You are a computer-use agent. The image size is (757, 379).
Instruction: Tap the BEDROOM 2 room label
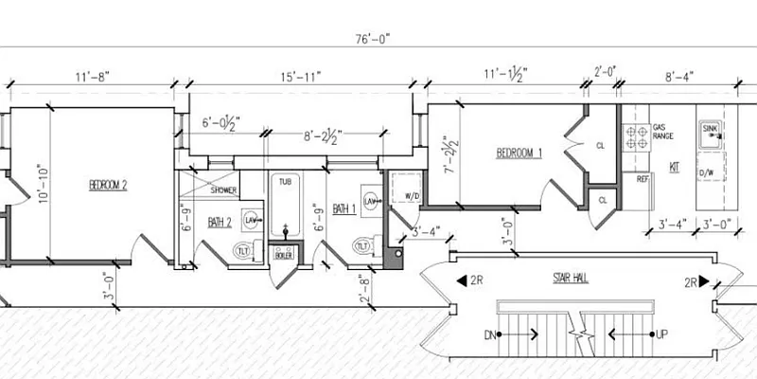tap(108, 185)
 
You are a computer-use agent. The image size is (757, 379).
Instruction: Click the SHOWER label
tap(223, 189)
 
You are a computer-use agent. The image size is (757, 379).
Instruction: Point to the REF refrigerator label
tap(642, 178)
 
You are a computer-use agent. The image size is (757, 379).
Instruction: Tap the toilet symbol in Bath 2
tap(242, 249)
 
